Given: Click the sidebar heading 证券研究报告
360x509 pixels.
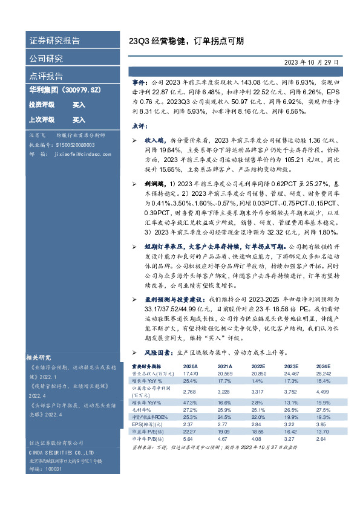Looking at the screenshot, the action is tap(54, 41).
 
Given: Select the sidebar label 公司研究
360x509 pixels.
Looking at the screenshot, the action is tap(46, 59).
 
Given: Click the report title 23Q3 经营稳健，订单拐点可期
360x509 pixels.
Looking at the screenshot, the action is tap(186, 42).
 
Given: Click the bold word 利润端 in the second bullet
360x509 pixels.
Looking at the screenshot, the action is tap(154, 182).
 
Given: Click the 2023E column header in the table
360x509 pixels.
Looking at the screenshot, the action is tap(291, 366).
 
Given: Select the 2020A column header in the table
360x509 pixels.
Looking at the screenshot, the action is tap(190, 366).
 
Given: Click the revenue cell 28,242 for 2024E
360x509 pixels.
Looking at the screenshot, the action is tap(324, 374).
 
